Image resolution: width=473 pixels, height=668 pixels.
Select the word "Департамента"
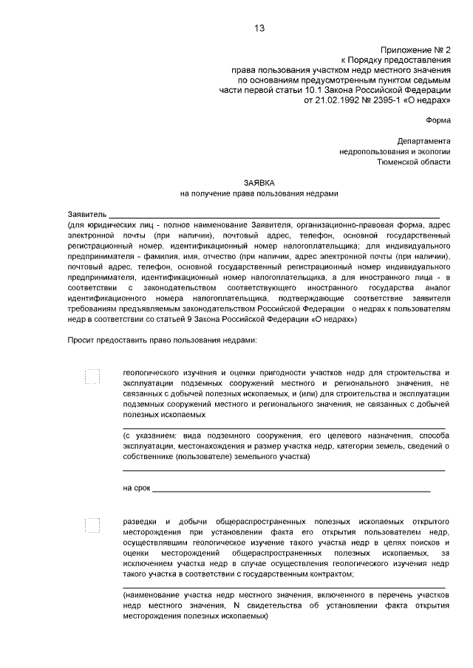tap(422, 141)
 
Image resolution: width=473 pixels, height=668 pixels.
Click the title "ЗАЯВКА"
tap(259, 182)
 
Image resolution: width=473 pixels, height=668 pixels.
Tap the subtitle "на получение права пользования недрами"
tap(259, 193)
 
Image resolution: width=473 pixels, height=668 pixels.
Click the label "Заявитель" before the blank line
tap(86, 214)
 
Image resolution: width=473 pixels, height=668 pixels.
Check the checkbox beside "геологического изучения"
tap(92, 376)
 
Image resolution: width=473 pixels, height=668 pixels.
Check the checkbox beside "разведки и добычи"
tap(92, 525)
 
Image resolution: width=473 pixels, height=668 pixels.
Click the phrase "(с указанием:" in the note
tap(149, 436)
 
